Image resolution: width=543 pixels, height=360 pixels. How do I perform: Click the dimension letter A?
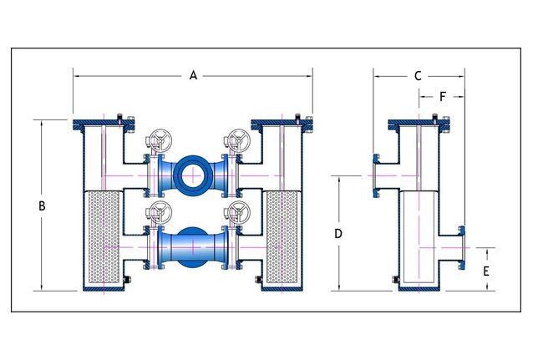(x=193, y=75)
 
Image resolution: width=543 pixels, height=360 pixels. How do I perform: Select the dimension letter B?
(x=42, y=205)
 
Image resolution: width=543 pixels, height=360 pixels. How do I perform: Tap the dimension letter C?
(x=418, y=75)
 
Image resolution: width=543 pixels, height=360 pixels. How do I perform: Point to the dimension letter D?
(x=338, y=234)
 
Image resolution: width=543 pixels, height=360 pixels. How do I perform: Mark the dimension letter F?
(x=442, y=96)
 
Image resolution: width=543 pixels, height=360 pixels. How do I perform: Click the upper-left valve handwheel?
(x=155, y=140)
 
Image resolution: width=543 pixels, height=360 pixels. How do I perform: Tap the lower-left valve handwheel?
(x=155, y=213)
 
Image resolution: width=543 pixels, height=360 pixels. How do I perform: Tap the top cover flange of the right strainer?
(x=282, y=125)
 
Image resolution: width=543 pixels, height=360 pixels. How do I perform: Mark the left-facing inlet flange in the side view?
(x=377, y=175)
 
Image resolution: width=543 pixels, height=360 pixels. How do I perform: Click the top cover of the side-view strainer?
(x=418, y=125)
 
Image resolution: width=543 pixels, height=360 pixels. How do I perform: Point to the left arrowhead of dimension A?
(x=77, y=76)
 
